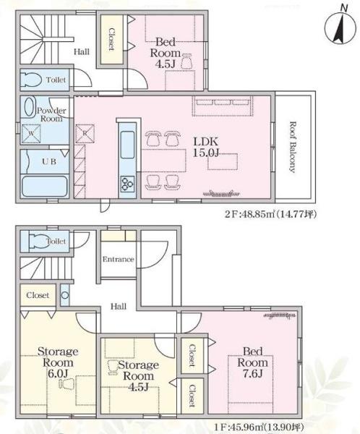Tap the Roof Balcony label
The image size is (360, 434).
tap(292, 147)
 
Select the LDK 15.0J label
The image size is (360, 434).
tap(206, 147)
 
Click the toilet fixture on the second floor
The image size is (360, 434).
tap(31, 80)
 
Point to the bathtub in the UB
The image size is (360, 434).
tap(45, 186)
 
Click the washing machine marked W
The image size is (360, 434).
tap(31, 134)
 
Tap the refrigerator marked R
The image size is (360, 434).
tap(85, 134)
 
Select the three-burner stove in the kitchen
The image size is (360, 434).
tap(127, 184)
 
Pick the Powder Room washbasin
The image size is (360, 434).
tap(29, 107)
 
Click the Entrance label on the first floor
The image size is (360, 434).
tap(118, 260)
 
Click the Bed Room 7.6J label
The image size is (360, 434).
tap(252, 362)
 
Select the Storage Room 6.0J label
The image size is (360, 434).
tap(58, 362)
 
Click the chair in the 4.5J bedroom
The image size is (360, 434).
tap(187, 61)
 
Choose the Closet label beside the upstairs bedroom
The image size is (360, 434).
tap(111, 39)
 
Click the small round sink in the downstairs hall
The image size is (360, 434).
tap(65, 295)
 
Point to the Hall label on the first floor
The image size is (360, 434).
tap(119, 307)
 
